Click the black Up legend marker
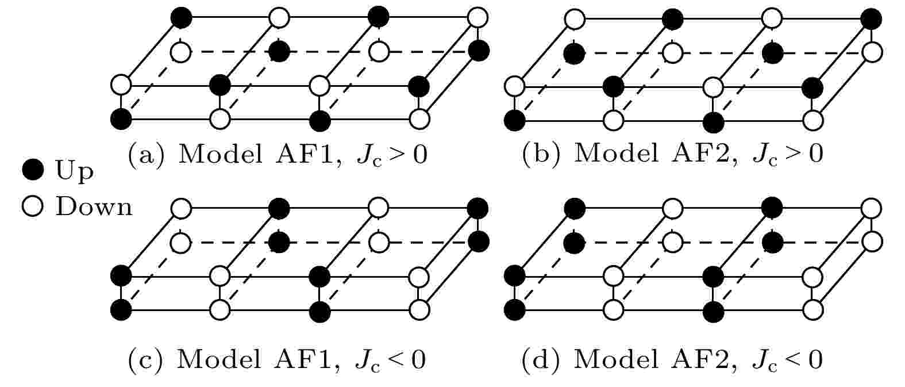tap(33, 170)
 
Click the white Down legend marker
tap(33, 206)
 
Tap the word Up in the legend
tap(74, 171)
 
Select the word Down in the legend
tap(94, 206)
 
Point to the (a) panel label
tap(147, 154)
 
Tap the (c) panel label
tap(146, 359)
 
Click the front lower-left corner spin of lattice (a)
tap(121, 120)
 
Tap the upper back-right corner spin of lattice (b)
tap(872, 19)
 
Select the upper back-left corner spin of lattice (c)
tap(181, 209)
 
